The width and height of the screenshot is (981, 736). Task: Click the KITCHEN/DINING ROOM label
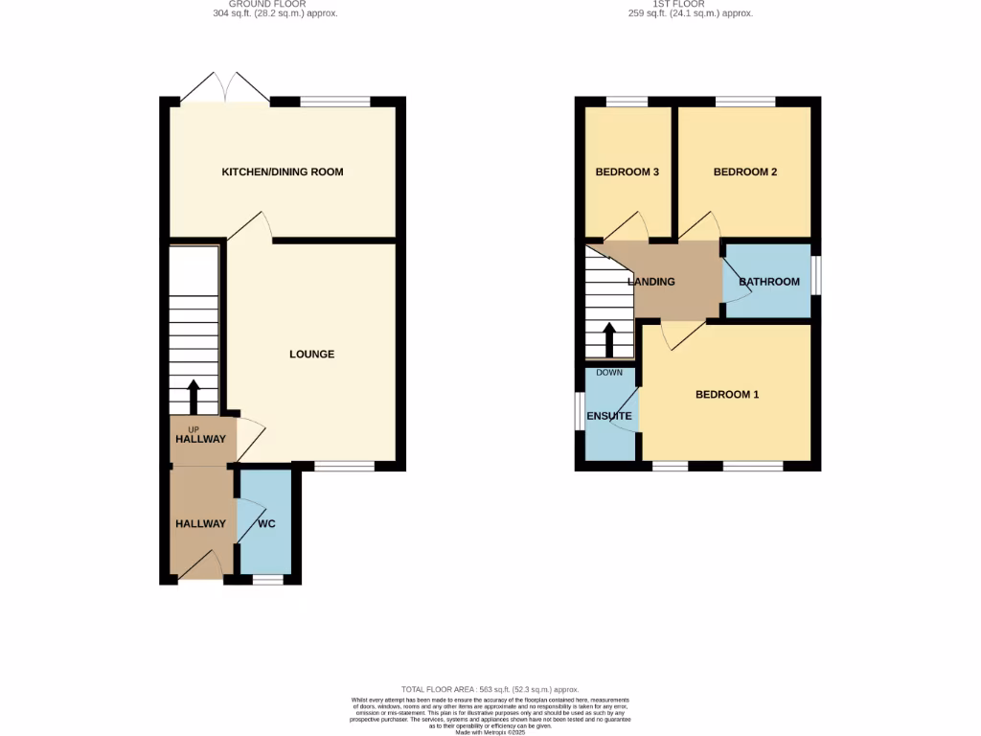tap(283, 172)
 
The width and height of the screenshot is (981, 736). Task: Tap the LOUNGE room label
tap(312, 355)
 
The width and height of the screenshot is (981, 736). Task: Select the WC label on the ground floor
tap(267, 524)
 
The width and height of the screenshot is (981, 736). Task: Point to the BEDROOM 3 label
tap(627, 172)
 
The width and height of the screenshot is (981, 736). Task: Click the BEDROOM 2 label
tap(745, 172)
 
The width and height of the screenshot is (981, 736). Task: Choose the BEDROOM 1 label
tap(727, 395)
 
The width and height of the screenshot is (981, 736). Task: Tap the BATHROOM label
tap(769, 282)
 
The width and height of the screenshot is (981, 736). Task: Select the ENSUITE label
tap(609, 417)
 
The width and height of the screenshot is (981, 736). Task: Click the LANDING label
tap(651, 282)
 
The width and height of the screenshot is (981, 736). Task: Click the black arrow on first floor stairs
tap(608, 338)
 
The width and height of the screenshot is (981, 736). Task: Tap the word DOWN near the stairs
tap(609, 373)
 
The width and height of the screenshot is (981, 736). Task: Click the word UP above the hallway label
tap(194, 428)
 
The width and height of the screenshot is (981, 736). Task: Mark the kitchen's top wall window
tap(335, 101)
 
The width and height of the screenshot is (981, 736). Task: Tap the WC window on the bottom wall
tap(268, 580)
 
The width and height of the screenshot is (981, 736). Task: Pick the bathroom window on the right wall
tap(816, 275)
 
